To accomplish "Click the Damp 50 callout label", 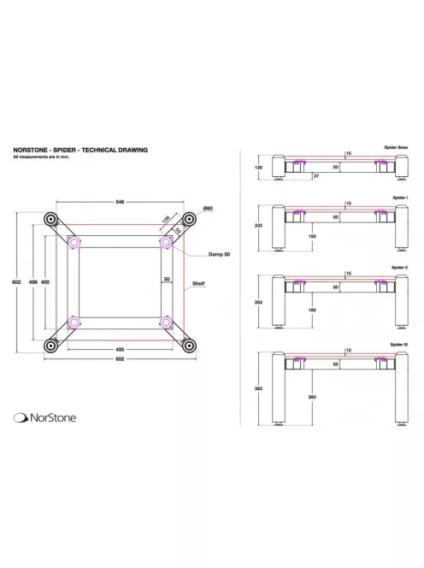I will point(220,255).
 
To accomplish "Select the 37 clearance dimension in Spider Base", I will point(315,175).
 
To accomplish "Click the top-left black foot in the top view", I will point(50,220).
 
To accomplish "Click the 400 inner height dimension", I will point(45,281).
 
